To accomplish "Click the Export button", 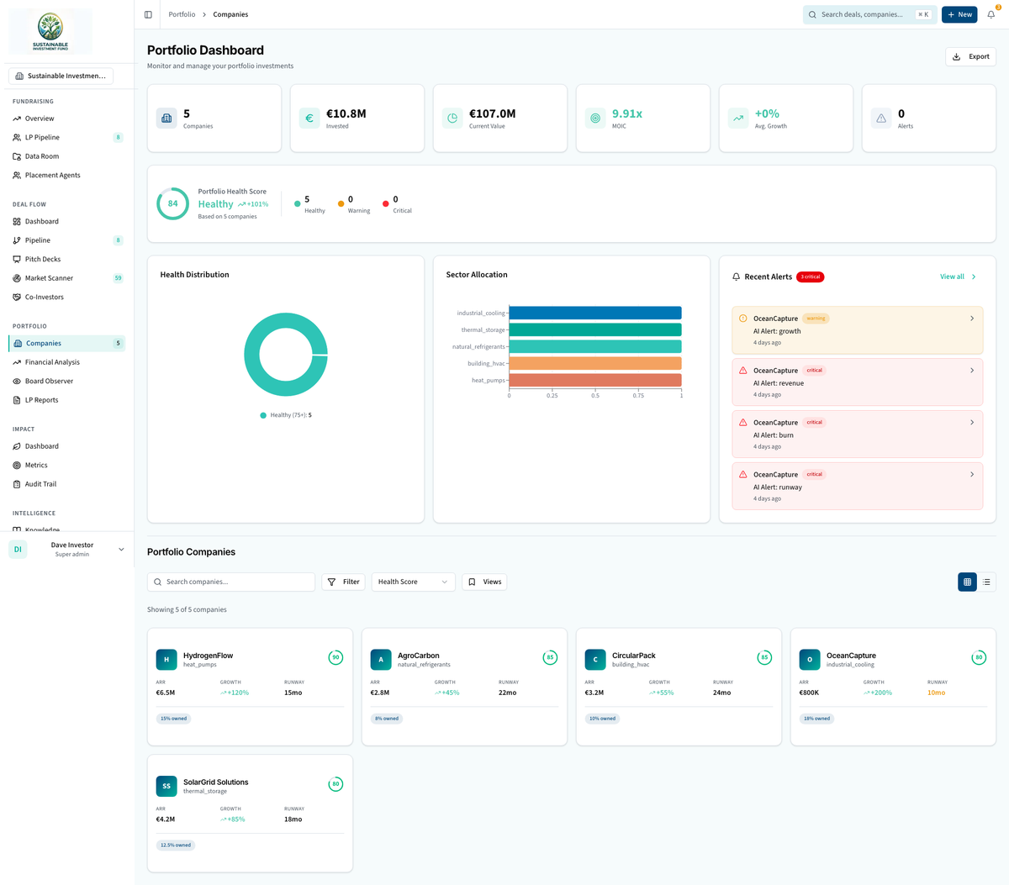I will pos(971,56).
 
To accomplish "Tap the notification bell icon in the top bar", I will pos(991,14).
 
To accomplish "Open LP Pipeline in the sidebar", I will pos(42,137).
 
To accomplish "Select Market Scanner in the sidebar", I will pos(49,278).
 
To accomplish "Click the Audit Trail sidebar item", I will pos(40,484).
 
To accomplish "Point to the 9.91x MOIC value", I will pos(627,113).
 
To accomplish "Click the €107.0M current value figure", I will pos(492,113).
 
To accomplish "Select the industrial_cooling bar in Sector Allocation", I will pos(594,313).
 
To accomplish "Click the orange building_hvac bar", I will pos(594,363).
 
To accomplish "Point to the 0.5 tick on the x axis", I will pos(595,395).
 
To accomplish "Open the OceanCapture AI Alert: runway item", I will pos(857,487).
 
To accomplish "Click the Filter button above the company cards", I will pos(343,582).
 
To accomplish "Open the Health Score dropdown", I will pos(413,582).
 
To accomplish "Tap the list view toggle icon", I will pos(986,582).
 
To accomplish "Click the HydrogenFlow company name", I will pos(208,656).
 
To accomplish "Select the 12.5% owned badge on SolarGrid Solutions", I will pos(176,845).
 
